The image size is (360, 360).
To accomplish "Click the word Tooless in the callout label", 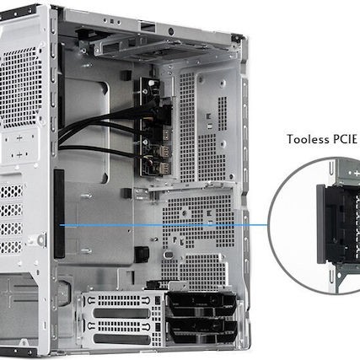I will [308, 140].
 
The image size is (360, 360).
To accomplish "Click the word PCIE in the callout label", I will [347, 140].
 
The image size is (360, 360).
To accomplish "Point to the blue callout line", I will [169, 226].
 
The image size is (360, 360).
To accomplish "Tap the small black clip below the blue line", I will [143, 252].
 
